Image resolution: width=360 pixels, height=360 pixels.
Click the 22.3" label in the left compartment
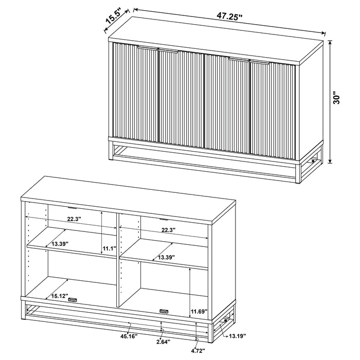(x=74, y=220)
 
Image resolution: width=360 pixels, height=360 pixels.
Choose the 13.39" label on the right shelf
(x=166, y=257)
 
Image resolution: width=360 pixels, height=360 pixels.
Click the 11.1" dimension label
(x=108, y=249)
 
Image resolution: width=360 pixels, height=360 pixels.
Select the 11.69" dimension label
(x=198, y=312)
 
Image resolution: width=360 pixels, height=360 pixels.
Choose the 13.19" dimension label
(x=237, y=335)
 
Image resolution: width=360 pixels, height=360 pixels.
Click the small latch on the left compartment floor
(x=72, y=300)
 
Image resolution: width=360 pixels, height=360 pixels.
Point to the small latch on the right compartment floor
(x=164, y=311)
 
